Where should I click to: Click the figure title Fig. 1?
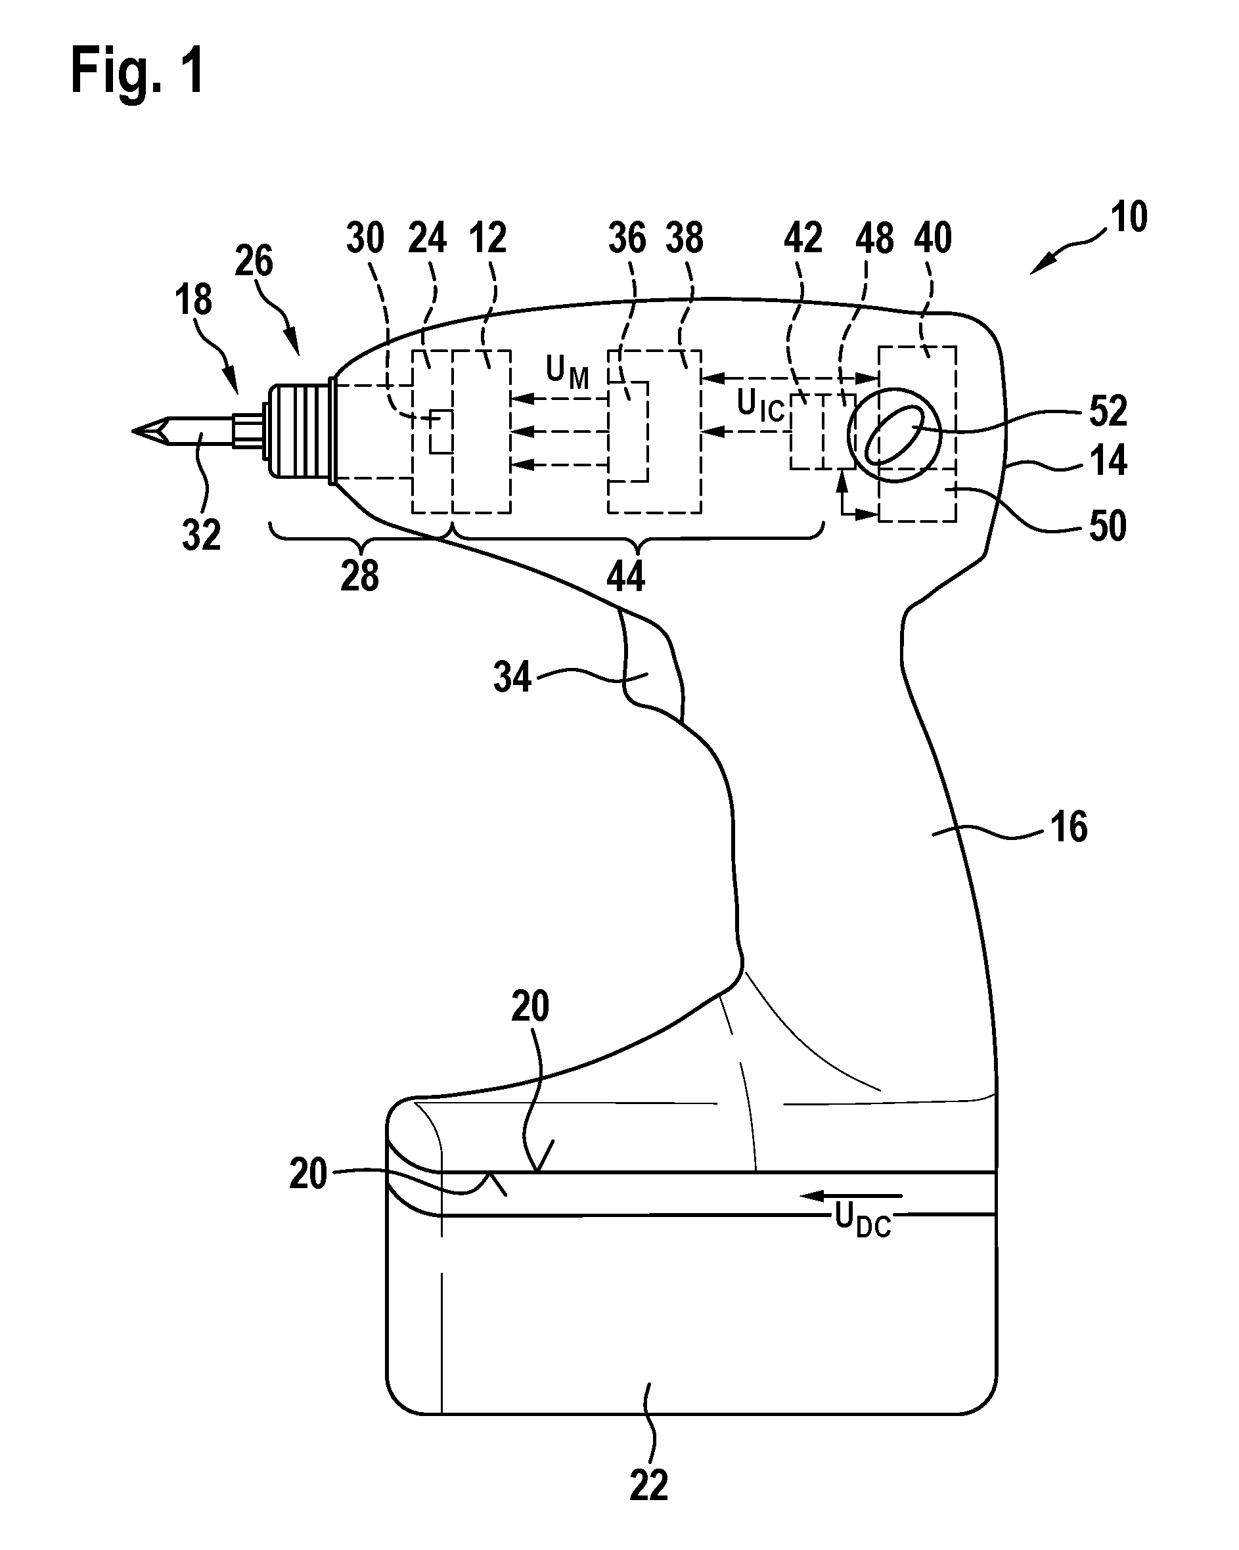(137, 70)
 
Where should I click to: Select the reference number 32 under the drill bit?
(200, 535)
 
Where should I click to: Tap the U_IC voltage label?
(761, 406)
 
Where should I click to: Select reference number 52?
(1108, 411)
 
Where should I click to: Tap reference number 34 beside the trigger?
(512, 677)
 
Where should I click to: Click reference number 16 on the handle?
(1069, 828)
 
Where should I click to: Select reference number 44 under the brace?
(625, 576)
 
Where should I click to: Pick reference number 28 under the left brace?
(359, 576)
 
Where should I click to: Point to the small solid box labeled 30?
(440, 432)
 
